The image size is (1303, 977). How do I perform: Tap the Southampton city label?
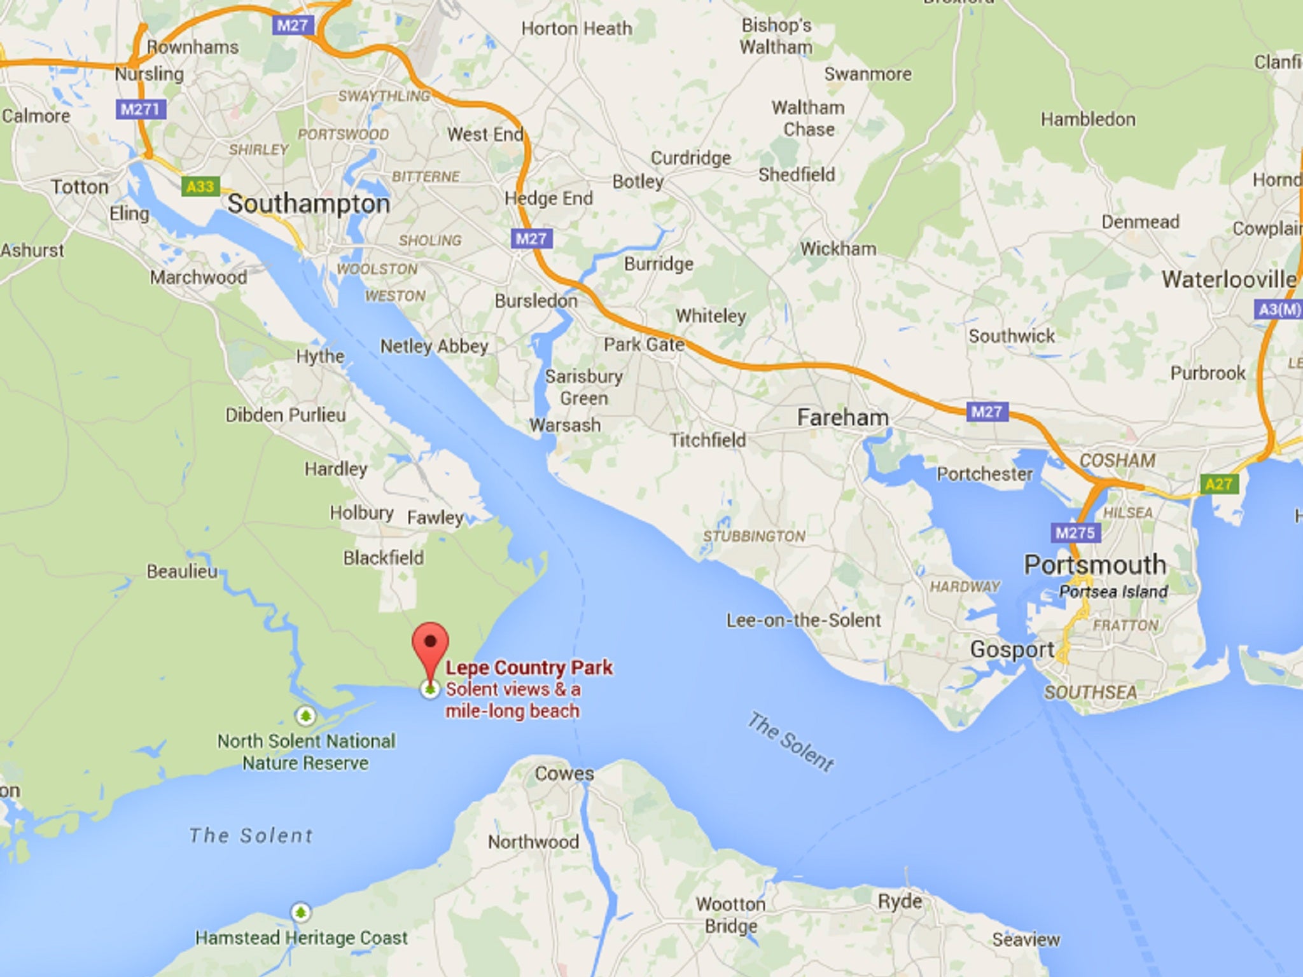coord(309,204)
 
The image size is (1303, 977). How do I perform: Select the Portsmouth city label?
coord(1094,565)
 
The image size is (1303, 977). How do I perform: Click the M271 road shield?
coord(141,109)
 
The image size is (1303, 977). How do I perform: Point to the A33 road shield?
coord(200,186)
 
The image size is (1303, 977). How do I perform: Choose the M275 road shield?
coord(1075,532)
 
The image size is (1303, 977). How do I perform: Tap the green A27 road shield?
coord(1218,484)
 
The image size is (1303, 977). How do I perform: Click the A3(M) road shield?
coord(1279,310)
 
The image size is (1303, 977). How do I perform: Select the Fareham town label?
coord(842,418)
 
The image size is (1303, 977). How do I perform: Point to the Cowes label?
coord(564,773)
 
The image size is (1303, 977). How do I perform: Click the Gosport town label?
coord(1012,649)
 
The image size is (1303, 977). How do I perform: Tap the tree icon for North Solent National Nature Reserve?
coord(305,716)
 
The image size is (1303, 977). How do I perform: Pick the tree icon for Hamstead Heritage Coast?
coord(300,913)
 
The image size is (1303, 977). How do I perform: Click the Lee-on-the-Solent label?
coord(804,620)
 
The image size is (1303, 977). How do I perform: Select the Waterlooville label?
coord(1229,279)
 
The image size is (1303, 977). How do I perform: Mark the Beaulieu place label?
coord(182,571)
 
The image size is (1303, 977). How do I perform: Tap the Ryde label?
coord(900,901)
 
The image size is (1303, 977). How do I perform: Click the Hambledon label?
coord(1088,119)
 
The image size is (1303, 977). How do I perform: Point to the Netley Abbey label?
coord(435,346)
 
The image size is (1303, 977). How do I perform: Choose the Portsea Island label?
coord(1113,592)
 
